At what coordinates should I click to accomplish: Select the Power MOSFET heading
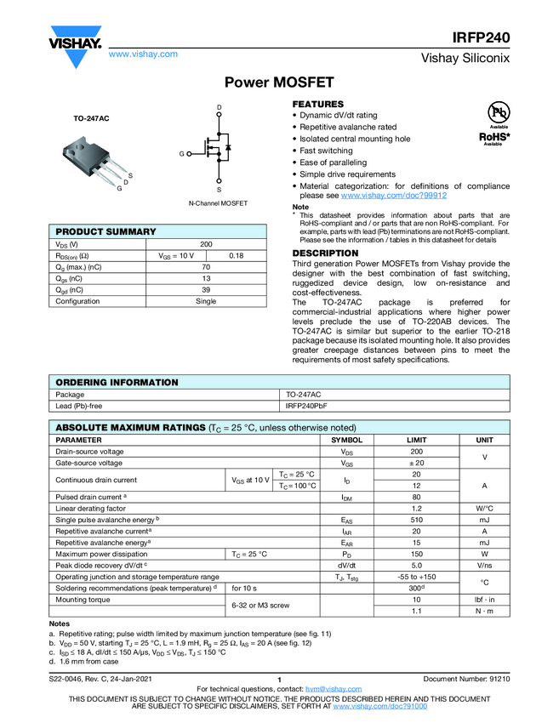click(x=279, y=83)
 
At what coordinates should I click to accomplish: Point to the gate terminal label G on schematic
click(x=181, y=154)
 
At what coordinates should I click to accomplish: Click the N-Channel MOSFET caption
click(x=218, y=204)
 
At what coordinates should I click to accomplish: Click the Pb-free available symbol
click(x=497, y=113)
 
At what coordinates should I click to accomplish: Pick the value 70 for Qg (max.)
click(x=205, y=267)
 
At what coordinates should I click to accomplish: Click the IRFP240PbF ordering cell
click(x=308, y=407)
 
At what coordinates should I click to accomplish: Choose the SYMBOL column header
click(x=346, y=440)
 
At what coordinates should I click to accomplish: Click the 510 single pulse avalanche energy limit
click(x=416, y=519)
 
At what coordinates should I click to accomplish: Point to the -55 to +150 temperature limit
click(x=416, y=576)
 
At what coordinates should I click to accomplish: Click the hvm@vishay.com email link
click(x=328, y=689)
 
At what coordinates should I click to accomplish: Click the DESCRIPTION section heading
click(x=326, y=253)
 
